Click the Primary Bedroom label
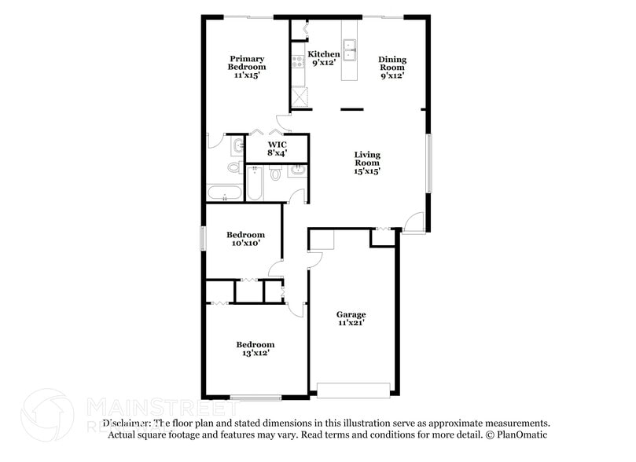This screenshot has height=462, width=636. pyautogui.click(x=246, y=67)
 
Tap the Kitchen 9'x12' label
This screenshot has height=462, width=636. pyautogui.click(x=323, y=58)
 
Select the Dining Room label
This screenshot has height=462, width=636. pyautogui.click(x=392, y=68)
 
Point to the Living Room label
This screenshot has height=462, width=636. pyautogui.click(x=366, y=163)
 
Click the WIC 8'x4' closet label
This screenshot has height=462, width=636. pyautogui.click(x=276, y=149)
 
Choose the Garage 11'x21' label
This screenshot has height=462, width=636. pyautogui.click(x=351, y=318)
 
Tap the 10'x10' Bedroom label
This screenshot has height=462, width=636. pyautogui.click(x=245, y=239)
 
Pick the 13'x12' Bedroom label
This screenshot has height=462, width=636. pyautogui.click(x=256, y=349)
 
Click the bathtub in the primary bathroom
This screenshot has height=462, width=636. pyautogui.click(x=225, y=193)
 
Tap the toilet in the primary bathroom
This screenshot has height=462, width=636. pyautogui.click(x=234, y=167)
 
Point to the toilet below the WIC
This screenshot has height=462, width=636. pyautogui.click(x=275, y=172)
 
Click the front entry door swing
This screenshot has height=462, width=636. pyautogui.click(x=415, y=222)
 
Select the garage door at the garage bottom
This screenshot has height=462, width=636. pyautogui.click(x=353, y=390)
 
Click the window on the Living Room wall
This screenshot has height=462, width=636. pyautogui.click(x=429, y=163)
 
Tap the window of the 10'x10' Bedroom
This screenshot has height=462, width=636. pyautogui.click(x=203, y=239)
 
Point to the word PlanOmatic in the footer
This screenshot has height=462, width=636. pyautogui.click(x=522, y=434)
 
